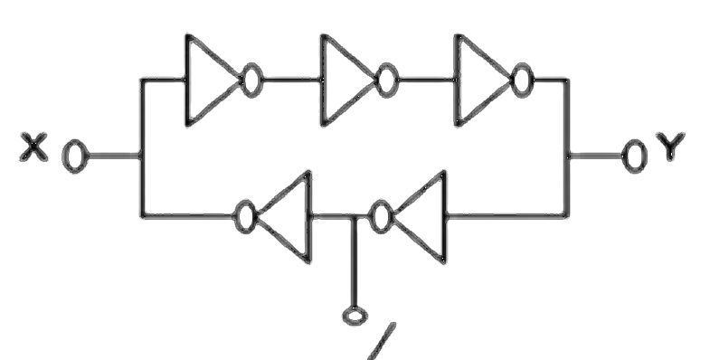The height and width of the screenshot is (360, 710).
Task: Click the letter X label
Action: click(33, 147)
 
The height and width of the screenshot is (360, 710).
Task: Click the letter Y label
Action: click(671, 147)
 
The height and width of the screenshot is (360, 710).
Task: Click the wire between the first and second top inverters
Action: click(292, 81)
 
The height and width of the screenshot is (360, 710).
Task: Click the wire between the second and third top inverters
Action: click(427, 81)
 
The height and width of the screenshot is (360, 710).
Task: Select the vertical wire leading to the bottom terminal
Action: click(354, 261)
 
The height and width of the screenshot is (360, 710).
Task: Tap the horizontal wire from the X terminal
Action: click(115, 156)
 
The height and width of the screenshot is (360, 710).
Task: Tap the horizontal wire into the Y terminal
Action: click(595, 156)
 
